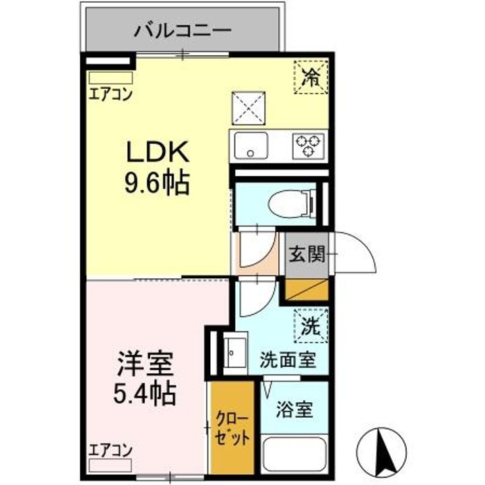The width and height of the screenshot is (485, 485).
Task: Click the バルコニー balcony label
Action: click(181, 30)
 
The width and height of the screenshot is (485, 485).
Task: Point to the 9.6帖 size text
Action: click(156, 183)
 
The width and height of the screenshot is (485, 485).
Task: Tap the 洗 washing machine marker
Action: click(309, 326)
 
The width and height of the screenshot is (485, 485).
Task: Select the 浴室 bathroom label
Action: click(295, 409)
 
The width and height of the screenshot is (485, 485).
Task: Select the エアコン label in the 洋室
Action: click(110, 450)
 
